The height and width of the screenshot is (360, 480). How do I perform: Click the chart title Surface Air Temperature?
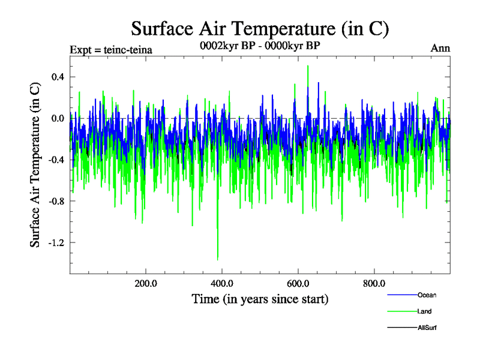260,28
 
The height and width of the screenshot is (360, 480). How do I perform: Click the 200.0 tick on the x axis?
146,284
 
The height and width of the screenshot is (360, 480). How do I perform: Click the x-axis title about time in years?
260,299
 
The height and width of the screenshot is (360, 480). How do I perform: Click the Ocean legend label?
427,295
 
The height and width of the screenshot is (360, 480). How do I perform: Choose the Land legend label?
424,311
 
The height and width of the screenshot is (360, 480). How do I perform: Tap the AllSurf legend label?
427,328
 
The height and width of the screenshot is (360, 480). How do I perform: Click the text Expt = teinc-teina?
111,49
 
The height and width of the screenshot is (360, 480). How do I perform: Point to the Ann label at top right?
440,49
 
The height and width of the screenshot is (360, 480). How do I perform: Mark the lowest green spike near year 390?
217,259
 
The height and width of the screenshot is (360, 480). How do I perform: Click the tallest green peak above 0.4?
308,67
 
